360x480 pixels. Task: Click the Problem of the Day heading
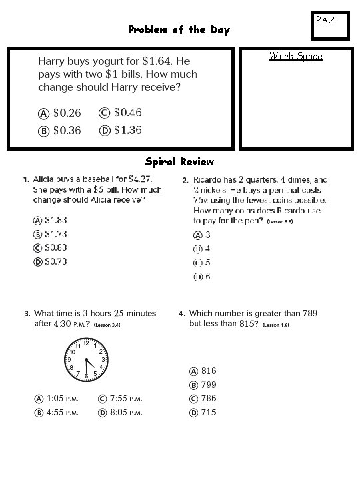point(179,30)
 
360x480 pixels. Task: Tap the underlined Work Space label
point(295,56)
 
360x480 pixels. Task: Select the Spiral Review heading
point(179,162)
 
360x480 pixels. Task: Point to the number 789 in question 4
point(309,313)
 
